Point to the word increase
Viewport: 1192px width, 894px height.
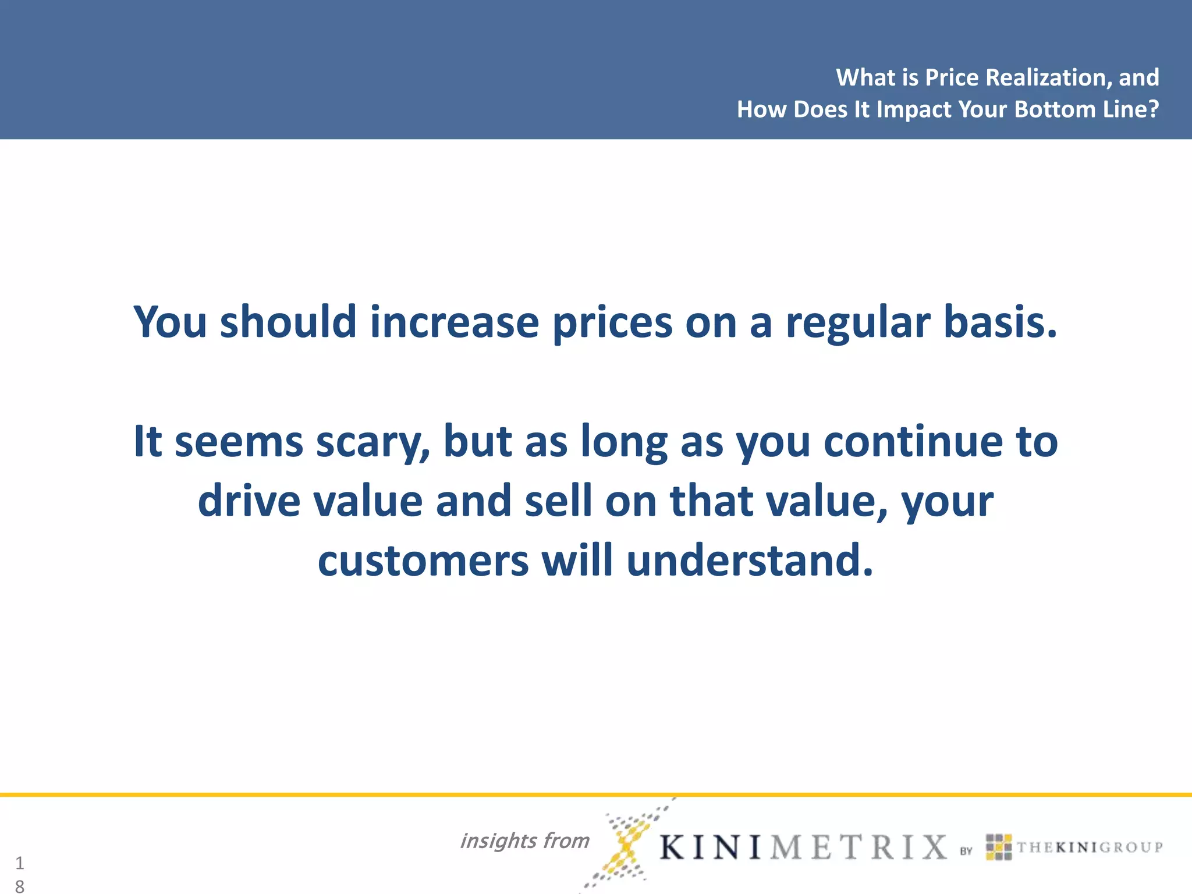coord(455,322)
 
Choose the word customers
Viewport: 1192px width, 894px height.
coord(423,560)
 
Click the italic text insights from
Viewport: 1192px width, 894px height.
coord(524,841)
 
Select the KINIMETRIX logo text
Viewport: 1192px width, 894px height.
coord(803,847)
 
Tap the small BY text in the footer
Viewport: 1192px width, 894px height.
coord(966,851)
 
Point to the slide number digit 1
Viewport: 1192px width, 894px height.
coord(20,863)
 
